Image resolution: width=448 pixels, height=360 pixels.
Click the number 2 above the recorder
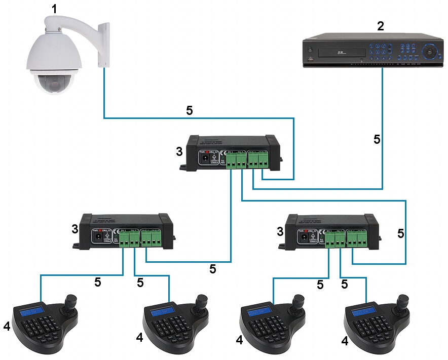[x=381, y=26]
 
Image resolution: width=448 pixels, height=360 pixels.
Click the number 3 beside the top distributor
[x=178, y=151]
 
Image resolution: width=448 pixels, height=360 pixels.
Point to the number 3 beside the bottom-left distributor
[x=75, y=229]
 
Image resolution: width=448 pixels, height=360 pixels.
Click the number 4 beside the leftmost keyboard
[x=7, y=327]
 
